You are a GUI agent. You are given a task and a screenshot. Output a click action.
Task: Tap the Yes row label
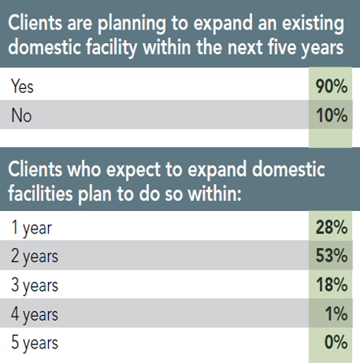tap(23, 85)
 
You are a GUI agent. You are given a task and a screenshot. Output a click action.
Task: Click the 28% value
tap(331, 229)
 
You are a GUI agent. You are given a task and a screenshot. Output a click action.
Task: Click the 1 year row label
tap(33, 229)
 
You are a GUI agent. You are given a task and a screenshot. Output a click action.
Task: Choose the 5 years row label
tap(37, 344)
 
